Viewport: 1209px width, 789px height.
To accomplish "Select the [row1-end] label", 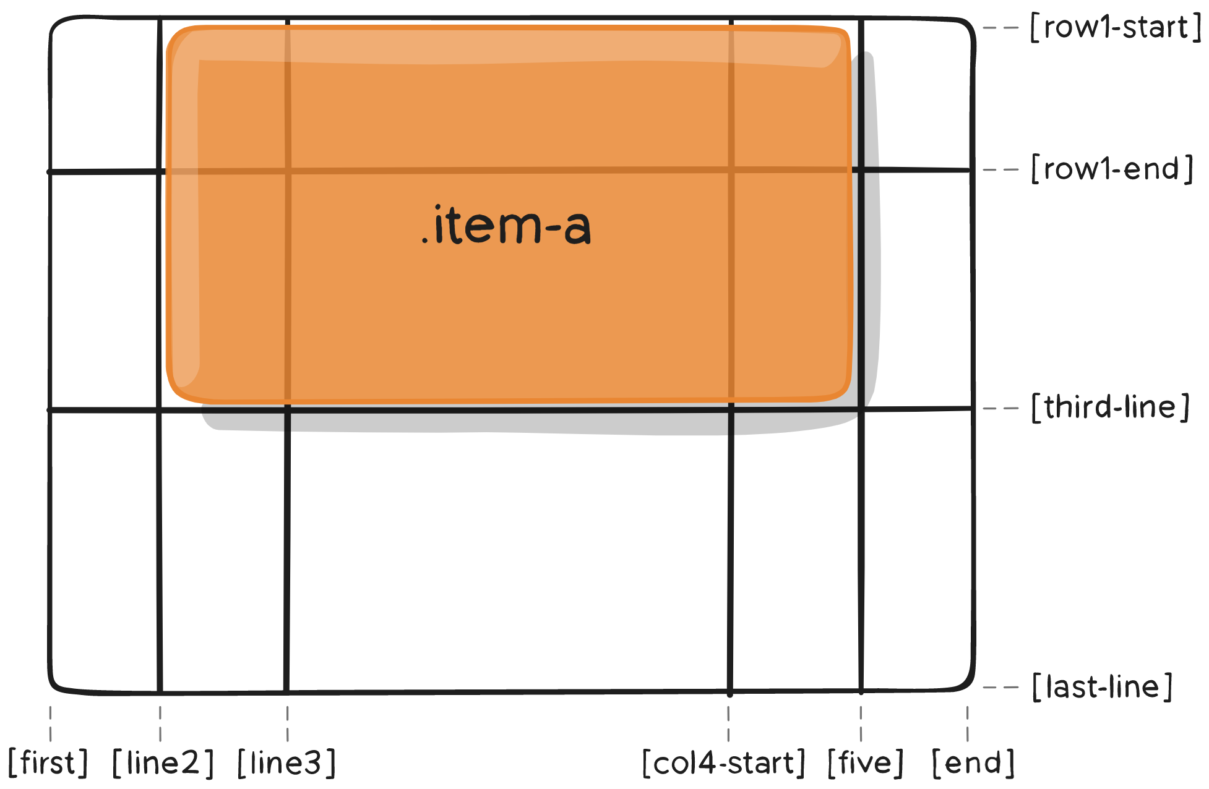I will pyautogui.click(x=1112, y=169).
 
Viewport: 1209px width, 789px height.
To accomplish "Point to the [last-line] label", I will pyautogui.click(x=1102, y=687).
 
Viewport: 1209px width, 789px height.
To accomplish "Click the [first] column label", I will pyautogui.click(x=48, y=762).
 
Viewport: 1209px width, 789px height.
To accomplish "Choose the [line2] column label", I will pyautogui.click(x=163, y=762).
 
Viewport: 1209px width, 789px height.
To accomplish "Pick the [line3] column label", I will pyautogui.click(x=287, y=762).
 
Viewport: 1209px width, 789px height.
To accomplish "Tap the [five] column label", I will pyautogui.click(x=866, y=762).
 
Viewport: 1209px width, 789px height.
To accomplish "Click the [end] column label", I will pyautogui.click(x=973, y=762).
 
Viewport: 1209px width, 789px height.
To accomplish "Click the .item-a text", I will pyautogui.click(x=506, y=226).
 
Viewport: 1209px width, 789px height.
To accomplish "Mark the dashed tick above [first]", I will pyautogui.click(x=50, y=723).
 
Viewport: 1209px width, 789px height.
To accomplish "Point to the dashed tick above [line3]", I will pyautogui.click(x=287, y=723).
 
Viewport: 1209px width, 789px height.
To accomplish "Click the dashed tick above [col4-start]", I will pyautogui.click(x=728, y=723).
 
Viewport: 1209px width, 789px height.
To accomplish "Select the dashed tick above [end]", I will pyautogui.click(x=968, y=723).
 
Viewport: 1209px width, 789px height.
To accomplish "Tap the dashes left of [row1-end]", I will pyautogui.click(x=1000, y=169).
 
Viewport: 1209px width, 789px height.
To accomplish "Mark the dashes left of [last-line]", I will pyautogui.click(x=1000, y=687).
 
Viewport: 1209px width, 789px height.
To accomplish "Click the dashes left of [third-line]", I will pyautogui.click(x=1000, y=408).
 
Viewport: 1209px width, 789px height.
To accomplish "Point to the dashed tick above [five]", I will pyautogui.click(x=861, y=723).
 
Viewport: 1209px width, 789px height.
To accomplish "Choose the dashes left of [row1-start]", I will pyautogui.click(x=1000, y=28).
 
